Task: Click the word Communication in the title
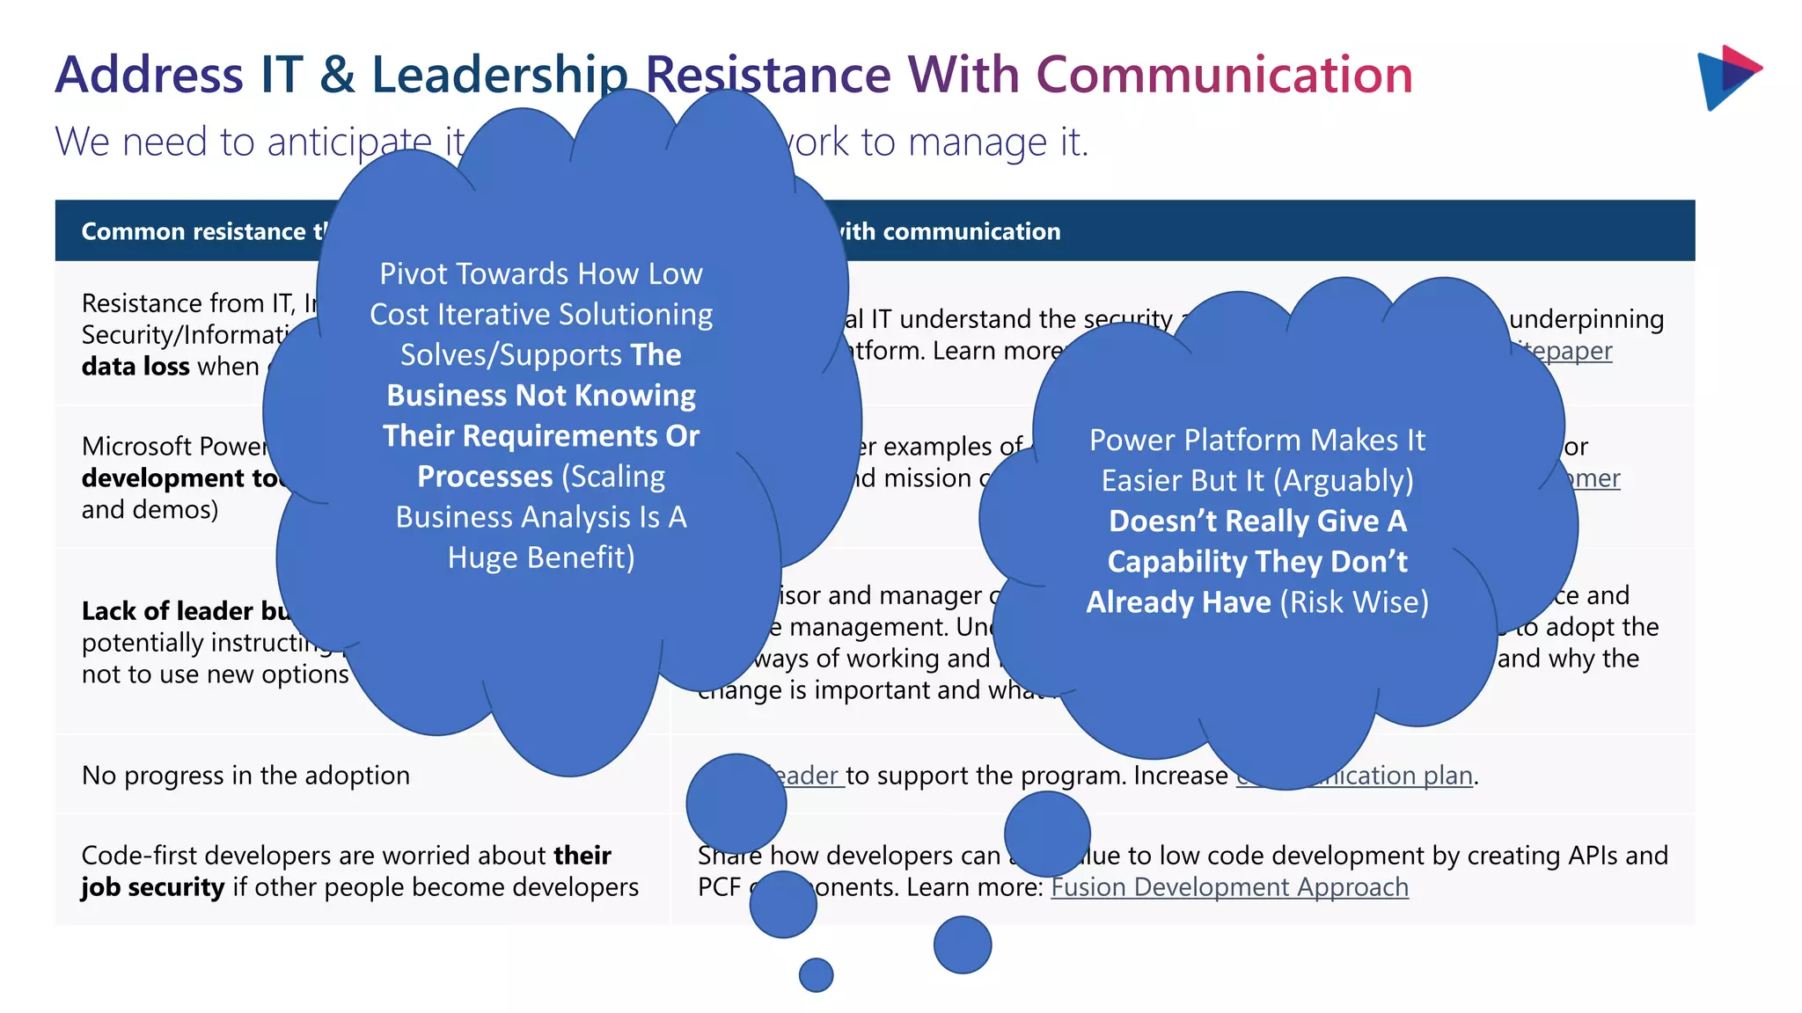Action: [1224, 75]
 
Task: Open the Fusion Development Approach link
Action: [1229, 887]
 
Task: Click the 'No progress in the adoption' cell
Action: [245, 776]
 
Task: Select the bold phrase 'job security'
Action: [152, 887]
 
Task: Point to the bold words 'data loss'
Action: [136, 367]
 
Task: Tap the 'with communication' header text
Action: [949, 231]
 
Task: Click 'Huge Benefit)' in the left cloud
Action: [541, 558]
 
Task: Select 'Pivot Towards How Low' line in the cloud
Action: [541, 274]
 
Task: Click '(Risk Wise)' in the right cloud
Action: [1354, 602]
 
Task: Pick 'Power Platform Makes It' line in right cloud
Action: [1257, 441]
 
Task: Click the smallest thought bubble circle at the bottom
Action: [816, 974]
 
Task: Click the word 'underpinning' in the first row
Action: [1586, 319]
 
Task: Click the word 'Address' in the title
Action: [149, 75]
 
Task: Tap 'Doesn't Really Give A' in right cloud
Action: [1257, 521]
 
